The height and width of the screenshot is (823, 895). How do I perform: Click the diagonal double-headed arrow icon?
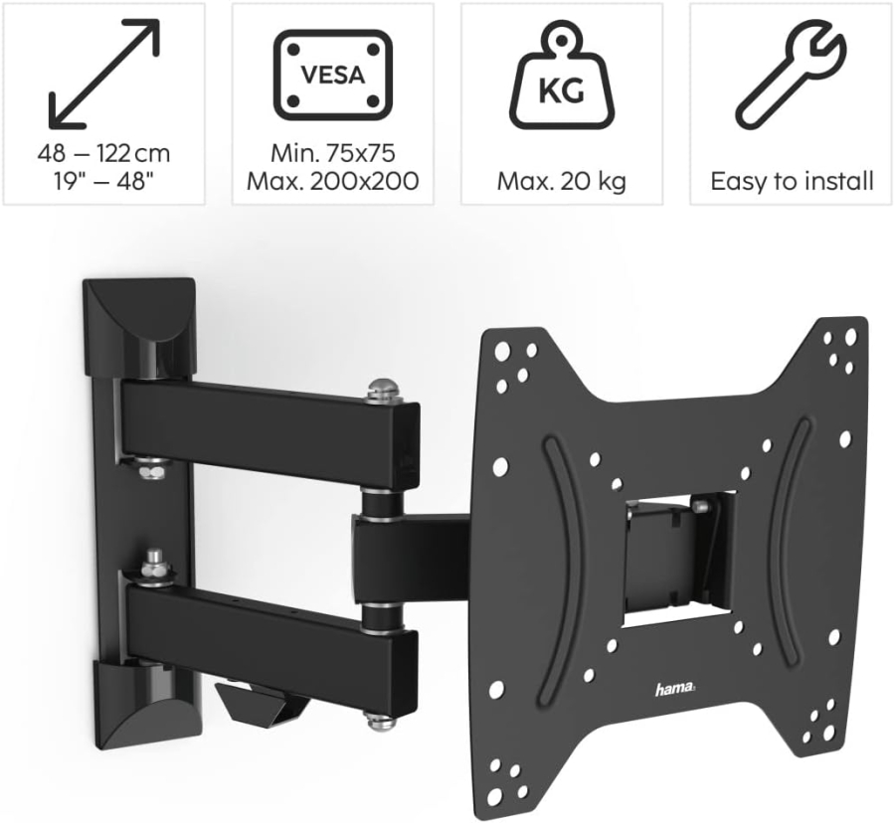(103, 76)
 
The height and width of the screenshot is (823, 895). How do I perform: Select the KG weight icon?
(562, 83)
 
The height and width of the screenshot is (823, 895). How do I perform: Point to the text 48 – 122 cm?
(103, 154)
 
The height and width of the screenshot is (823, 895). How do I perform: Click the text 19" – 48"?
(103, 182)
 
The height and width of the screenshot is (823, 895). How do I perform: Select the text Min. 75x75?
(332, 154)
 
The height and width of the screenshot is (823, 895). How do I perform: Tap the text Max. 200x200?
(332, 182)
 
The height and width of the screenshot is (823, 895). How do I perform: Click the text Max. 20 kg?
(562, 182)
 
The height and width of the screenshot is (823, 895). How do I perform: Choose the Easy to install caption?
(792, 182)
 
